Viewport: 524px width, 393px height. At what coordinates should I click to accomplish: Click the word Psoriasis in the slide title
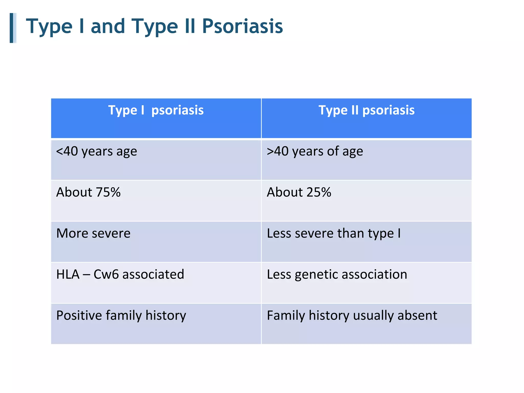242,26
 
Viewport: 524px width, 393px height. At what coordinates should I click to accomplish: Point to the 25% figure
319,192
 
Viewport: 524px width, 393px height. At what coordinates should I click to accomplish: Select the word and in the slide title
108,26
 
